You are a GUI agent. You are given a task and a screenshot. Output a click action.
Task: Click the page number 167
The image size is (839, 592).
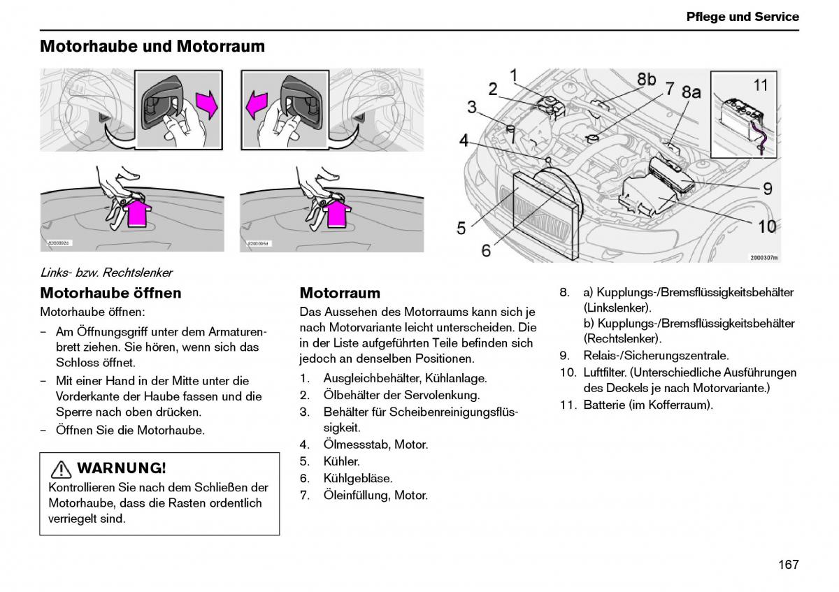point(787,564)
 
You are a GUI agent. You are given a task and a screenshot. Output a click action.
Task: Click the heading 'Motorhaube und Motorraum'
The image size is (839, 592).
point(152,46)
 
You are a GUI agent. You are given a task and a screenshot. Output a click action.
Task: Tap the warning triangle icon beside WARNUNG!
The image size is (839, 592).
point(62,468)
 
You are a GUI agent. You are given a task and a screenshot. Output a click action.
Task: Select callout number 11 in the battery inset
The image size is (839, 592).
point(761,85)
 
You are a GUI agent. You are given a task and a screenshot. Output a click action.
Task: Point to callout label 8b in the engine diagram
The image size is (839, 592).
point(646,79)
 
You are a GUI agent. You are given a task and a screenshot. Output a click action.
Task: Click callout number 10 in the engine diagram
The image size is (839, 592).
point(767,226)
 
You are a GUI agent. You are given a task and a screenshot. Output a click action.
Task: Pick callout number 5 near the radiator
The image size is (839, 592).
point(461,228)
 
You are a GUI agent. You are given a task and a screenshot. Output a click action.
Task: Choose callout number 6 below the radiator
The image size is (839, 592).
point(487,249)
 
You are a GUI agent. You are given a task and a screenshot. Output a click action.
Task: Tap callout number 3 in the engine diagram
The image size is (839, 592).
point(472,107)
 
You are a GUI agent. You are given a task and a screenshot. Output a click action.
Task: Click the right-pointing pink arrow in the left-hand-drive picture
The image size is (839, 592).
point(208,105)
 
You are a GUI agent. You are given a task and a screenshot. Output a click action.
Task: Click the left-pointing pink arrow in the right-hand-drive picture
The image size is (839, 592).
point(255,108)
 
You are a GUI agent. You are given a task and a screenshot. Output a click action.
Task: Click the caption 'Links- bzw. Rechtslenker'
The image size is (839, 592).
point(106,273)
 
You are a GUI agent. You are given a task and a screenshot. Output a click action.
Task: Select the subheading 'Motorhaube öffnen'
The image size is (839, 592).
point(110,293)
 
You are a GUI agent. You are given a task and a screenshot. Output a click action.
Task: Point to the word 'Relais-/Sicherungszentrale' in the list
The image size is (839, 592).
point(656,355)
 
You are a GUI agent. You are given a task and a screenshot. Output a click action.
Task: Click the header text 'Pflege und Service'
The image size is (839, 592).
point(742,17)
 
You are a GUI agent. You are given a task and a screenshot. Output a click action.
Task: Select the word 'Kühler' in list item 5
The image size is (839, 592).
point(341,461)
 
